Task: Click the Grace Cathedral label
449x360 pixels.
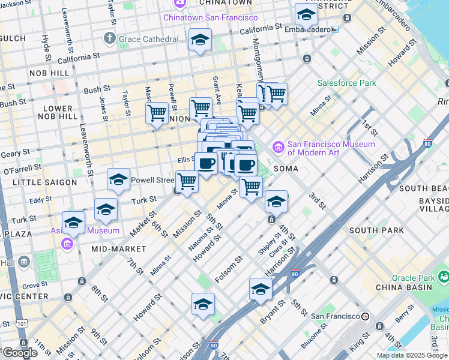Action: click(149, 39)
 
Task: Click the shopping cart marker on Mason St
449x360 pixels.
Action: click(157, 113)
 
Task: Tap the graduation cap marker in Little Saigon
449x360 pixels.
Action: click(119, 179)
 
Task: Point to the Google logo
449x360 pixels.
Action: click(20, 353)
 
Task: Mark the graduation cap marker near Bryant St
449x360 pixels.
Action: click(261, 289)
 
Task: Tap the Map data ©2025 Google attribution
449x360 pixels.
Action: click(412, 355)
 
